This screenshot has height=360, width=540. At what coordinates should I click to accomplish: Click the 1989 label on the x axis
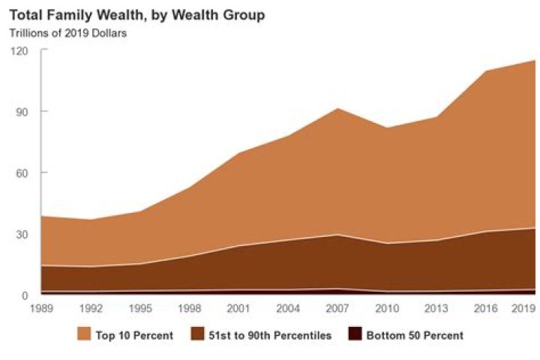point(42,308)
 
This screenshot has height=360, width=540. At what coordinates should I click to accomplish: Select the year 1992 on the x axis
point(91,308)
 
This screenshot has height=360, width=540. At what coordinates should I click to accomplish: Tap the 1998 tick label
point(190,308)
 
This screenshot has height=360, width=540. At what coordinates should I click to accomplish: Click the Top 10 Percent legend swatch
point(84,334)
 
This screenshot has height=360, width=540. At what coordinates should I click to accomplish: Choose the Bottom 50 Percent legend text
point(414,335)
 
